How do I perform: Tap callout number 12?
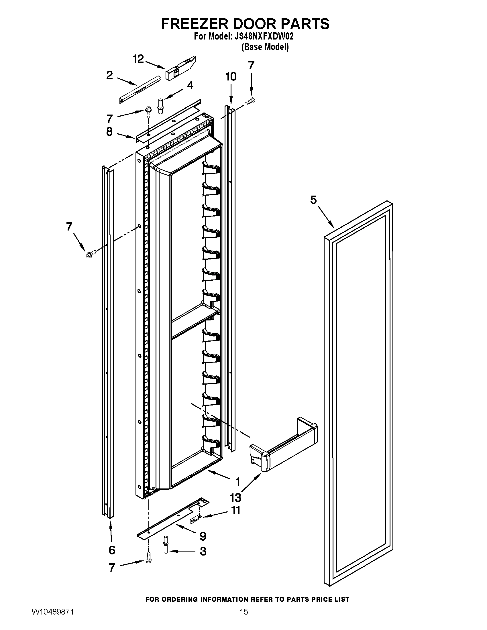138,59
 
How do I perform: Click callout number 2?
110,75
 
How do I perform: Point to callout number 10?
231,77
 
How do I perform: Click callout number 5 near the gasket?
313,200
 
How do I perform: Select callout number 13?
235,497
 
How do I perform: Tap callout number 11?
236,518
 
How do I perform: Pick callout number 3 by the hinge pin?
203,551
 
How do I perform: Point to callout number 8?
109,131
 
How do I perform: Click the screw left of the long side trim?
89,255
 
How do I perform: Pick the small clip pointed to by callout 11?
194,519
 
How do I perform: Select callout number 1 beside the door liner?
237,481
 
